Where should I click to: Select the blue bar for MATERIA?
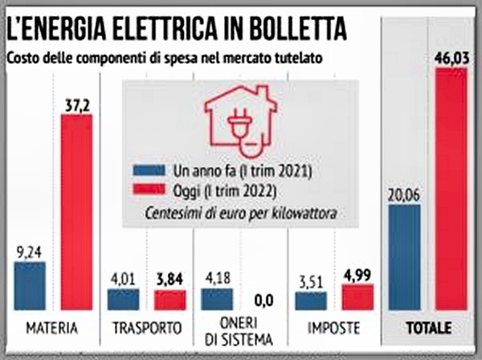tap(30, 286)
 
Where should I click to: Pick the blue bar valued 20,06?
tap(404, 257)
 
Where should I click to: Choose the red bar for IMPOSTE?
tap(357, 297)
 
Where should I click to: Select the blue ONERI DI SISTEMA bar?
tap(217, 300)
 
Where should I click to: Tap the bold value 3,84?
tap(170, 279)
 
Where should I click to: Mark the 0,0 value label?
tap(262, 301)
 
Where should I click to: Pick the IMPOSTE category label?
tap(333, 329)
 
